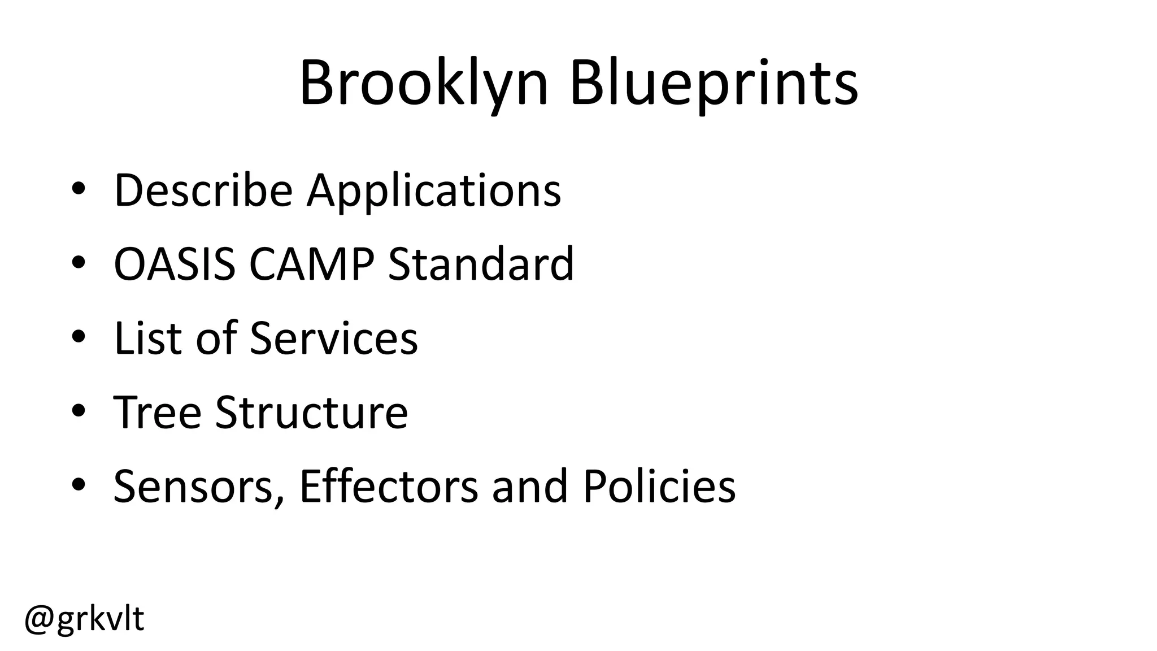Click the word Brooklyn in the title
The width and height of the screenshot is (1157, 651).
tap(424, 85)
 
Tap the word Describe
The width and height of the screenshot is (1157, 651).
tap(203, 190)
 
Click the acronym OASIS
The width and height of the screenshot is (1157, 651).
tap(175, 264)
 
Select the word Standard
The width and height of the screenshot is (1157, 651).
tap(481, 264)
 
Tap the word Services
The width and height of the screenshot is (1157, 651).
tap(333, 338)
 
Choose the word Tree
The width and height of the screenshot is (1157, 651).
tap(157, 412)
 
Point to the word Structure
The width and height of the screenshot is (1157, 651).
tap(311, 412)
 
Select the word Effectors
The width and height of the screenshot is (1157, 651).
tap(389, 486)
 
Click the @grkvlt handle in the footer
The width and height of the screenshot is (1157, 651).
tap(84, 619)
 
